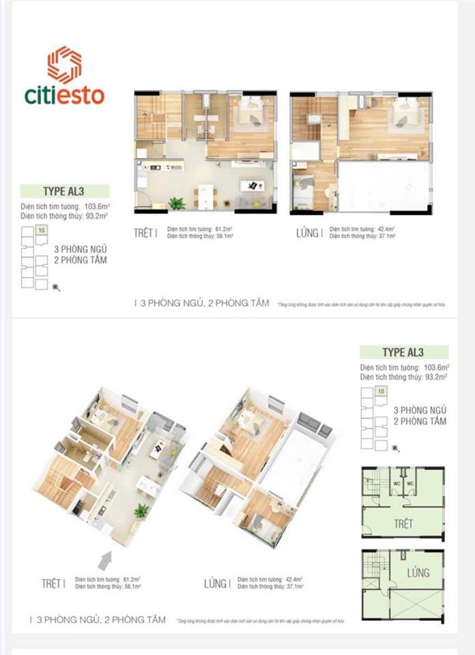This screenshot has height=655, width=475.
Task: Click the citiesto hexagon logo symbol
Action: (65, 65)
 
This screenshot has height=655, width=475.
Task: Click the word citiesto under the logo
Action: (66, 95)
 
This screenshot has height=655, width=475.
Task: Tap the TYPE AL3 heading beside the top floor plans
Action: (64, 191)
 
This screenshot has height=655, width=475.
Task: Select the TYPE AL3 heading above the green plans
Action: (403, 353)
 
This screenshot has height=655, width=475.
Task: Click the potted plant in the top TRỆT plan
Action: (177, 203)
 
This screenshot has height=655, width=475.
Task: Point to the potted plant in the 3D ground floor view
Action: (141, 510)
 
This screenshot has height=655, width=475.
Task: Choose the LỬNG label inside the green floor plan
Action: (417, 572)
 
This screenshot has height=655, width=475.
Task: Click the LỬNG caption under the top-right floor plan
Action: (308, 233)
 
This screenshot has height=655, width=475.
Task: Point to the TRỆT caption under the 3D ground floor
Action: (53, 583)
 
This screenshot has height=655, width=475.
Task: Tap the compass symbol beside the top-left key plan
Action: (56, 288)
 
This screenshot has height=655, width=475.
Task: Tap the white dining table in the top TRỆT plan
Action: (203, 196)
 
